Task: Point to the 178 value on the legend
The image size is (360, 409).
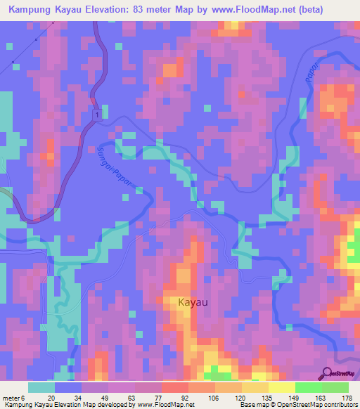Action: coord(346,397)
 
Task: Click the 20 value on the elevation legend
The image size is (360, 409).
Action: coord(51,397)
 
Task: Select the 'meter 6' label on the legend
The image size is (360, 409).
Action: coord(17,397)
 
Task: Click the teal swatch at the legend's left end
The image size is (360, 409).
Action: coord(41,387)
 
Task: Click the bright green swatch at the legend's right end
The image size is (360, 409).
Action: coord(335,387)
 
